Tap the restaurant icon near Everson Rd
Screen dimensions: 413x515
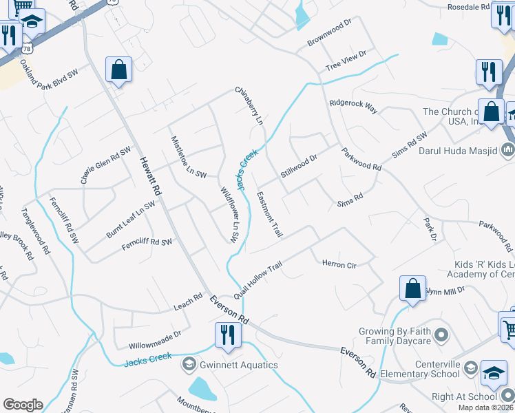225,335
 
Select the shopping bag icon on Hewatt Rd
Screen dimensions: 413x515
119,70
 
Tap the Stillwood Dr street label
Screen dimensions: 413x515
299,167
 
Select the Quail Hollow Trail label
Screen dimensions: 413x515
258,276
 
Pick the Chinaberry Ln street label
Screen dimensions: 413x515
249,105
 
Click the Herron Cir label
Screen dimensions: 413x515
338,264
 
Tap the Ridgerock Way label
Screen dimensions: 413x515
353,106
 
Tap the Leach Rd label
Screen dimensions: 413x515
188,301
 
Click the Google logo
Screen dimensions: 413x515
23,405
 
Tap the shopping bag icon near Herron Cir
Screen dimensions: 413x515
413,288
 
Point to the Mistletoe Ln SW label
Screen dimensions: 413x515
187,158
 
